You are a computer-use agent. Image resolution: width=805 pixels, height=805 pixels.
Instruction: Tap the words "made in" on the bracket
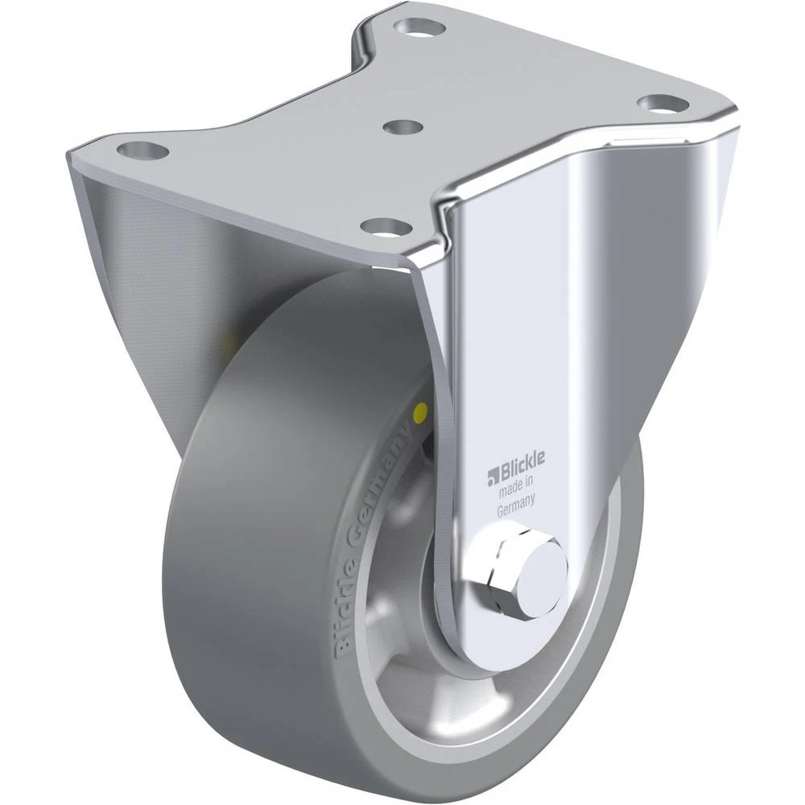click(x=516, y=486)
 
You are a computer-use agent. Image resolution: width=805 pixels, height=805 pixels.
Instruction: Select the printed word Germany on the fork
click(x=515, y=504)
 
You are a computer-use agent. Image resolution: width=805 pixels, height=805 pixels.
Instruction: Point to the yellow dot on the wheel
click(x=420, y=410)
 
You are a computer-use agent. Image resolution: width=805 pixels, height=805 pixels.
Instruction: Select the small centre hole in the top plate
click(x=403, y=127)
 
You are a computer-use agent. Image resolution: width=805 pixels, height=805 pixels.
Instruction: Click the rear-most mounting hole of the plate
click(x=420, y=27)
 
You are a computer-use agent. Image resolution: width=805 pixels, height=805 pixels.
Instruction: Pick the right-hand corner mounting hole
click(x=663, y=104)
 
